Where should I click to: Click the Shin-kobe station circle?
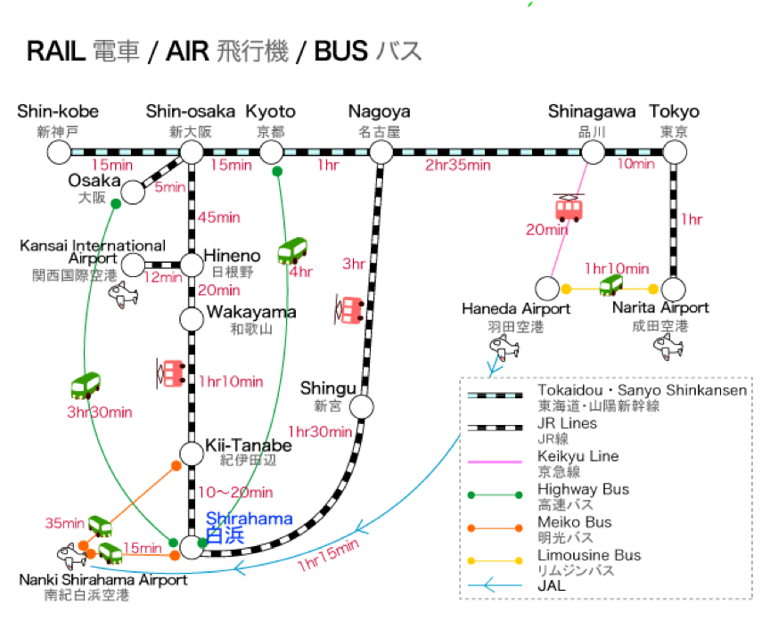[59, 152]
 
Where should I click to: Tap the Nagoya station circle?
[381, 152]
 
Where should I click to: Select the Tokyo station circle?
[675, 152]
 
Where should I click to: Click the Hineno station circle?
[192, 264]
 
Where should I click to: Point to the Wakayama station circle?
[192, 318]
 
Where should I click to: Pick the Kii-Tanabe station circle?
[192, 453]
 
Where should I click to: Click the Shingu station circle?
[361, 407]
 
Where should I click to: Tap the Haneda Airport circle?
[546, 289]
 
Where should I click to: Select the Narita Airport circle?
[675, 289]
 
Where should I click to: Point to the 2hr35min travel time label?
[458, 165]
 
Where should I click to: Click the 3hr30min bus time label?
[100, 412]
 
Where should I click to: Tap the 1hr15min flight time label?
[328, 555]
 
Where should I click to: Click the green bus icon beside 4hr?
[291, 251]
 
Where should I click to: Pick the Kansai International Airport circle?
[133, 264]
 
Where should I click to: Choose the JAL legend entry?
[551, 586]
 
